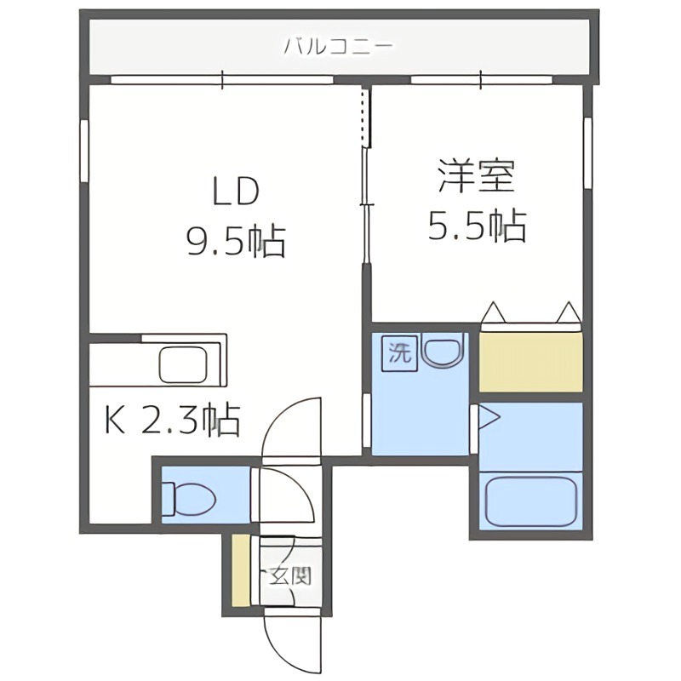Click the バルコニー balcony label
(x=338, y=45)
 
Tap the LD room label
(x=235, y=192)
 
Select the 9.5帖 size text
(x=235, y=243)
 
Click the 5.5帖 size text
(x=477, y=226)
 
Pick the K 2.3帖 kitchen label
(x=170, y=420)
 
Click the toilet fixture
(x=183, y=498)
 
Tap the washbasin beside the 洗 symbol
(x=443, y=352)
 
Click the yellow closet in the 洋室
(x=531, y=361)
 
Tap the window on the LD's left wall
(x=85, y=150)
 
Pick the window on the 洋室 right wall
(x=587, y=153)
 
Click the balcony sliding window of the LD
(x=221, y=81)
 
